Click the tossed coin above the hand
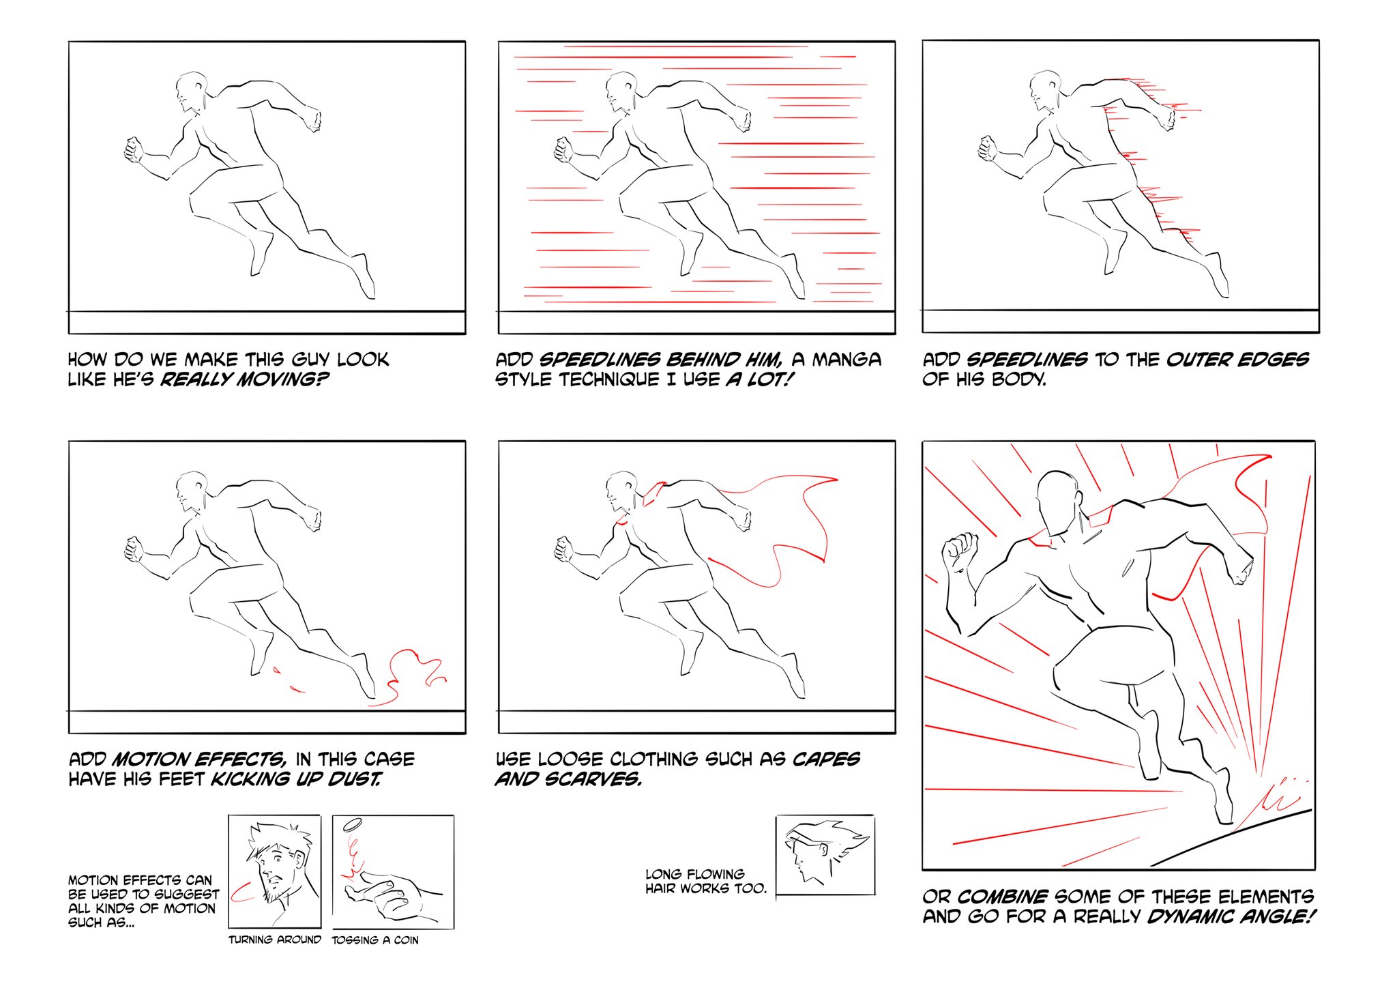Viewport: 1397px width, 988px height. click(353, 825)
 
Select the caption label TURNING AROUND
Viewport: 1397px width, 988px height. click(275, 940)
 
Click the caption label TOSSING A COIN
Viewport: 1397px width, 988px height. click(375, 940)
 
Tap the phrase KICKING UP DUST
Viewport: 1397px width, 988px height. click(296, 779)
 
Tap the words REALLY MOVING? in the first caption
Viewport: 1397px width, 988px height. click(244, 379)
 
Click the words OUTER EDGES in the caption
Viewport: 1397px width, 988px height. click(1237, 360)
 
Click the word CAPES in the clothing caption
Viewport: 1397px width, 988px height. click(826, 759)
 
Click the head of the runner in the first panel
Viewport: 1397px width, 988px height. click(190, 92)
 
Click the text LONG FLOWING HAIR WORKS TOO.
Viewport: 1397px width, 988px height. click(706, 881)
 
